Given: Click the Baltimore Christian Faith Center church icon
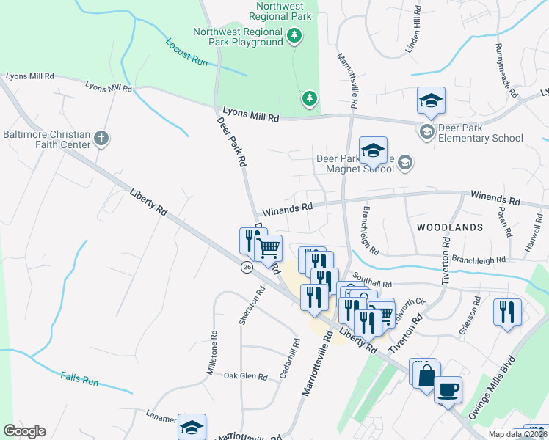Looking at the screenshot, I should [x=101, y=137].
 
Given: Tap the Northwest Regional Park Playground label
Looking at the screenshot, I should [x=238, y=37].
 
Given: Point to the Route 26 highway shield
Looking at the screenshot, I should [x=247, y=268].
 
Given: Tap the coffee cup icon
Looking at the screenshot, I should [x=448, y=389].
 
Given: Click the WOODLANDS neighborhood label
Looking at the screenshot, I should [x=450, y=227].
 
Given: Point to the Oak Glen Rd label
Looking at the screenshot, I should [x=246, y=376].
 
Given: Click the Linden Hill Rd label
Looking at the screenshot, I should [x=415, y=29].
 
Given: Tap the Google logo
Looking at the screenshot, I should [x=24, y=431].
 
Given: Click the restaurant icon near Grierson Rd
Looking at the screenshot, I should [x=506, y=312].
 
